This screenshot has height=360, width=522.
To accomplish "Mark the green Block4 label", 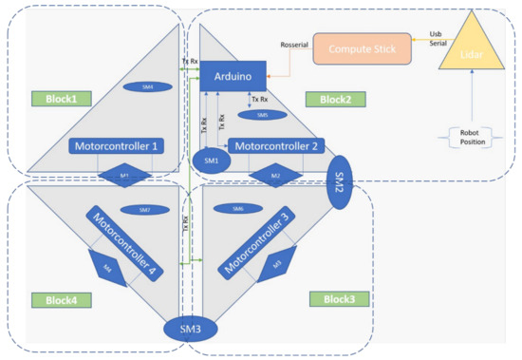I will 58,299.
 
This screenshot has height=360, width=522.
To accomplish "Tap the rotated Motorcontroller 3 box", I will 256,241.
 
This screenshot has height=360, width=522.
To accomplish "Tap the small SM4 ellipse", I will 147,86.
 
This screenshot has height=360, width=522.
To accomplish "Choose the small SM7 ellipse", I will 144,209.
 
